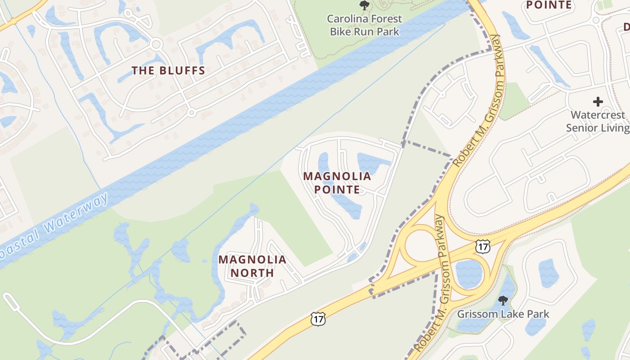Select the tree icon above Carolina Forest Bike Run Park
[364, 5]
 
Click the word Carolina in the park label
[351, 19]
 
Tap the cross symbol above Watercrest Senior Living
[598, 102]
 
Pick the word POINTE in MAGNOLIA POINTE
[337, 189]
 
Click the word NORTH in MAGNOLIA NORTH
[252, 273]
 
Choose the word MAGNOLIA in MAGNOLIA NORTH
[252, 260]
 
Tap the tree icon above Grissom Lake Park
[503, 300]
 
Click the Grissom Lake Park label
[503, 314]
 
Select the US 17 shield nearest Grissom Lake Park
[482, 246]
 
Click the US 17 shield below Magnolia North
[317, 319]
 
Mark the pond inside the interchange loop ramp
[468, 273]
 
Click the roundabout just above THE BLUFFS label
[156, 45]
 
